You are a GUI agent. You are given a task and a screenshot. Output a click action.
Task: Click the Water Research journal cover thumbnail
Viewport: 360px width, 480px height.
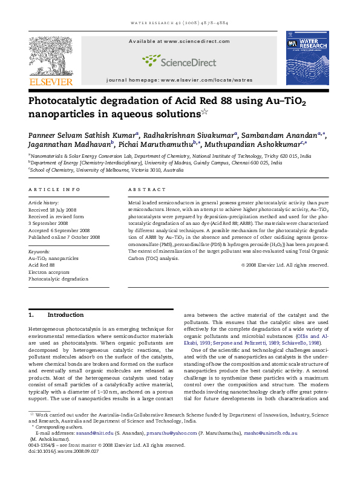(307, 60)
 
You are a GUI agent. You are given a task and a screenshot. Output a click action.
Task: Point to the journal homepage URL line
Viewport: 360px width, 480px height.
(179, 80)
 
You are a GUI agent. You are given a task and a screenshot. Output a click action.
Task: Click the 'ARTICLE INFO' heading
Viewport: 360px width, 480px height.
(54, 189)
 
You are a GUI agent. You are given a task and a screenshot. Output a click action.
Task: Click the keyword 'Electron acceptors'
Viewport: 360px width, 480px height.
(50, 271)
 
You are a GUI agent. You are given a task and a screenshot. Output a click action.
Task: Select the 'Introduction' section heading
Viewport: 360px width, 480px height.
(65, 315)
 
